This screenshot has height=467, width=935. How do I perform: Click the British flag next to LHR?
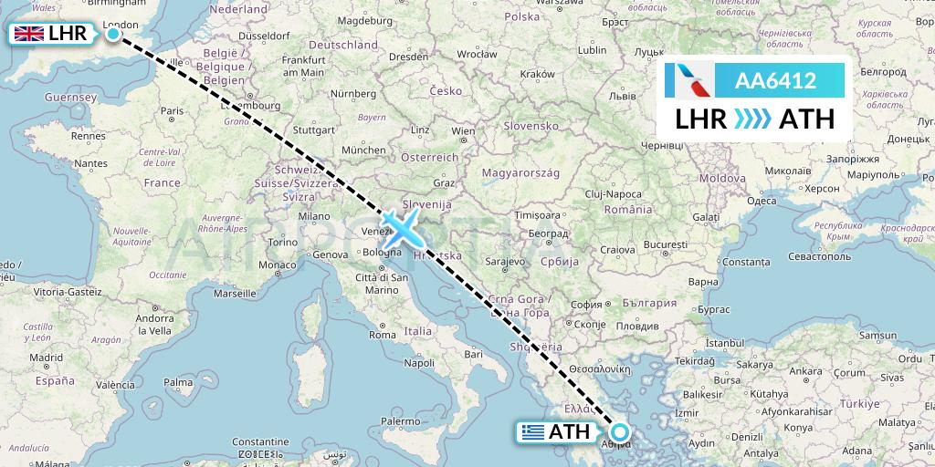28,35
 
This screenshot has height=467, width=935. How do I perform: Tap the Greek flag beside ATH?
534,432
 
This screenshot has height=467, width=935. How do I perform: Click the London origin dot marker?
113,35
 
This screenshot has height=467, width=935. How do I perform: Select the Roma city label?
382,335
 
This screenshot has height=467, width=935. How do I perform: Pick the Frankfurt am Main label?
304,66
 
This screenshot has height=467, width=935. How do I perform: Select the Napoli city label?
419,363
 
